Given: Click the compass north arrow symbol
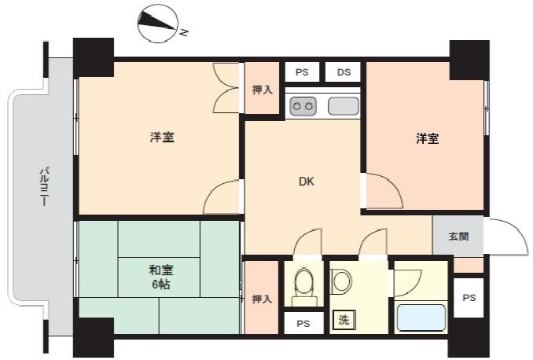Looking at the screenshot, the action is pyautogui.click(x=158, y=23).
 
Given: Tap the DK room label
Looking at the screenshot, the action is pyautogui.click(x=307, y=182).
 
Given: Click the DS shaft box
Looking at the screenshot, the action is pyautogui.click(x=343, y=72).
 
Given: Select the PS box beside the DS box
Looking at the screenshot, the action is pyautogui.click(x=302, y=72).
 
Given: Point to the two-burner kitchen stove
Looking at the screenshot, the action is pyautogui.click(x=303, y=106).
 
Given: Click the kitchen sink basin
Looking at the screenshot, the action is pyautogui.click(x=344, y=106).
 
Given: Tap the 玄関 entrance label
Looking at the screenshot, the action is pyautogui.click(x=458, y=237).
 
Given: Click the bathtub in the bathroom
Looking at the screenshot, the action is pyautogui.click(x=421, y=318).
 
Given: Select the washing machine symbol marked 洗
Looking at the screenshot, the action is pyautogui.click(x=344, y=320).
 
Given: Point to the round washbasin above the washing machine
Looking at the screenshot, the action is pyautogui.click(x=341, y=281).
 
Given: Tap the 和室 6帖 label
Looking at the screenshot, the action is pyautogui.click(x=161, y=277).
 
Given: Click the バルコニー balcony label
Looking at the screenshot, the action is pyautogui.click(x=43, y=186).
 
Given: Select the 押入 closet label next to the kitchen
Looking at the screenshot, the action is pyautogui.click(x=262, y=90).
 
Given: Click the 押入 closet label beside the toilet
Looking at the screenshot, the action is pyautogui.click(x=262, y=299).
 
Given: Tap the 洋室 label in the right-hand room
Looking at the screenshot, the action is pyautogui.click(x=428, y=138).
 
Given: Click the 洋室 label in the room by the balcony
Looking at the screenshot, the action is pyautogui.click(x=162, y=138).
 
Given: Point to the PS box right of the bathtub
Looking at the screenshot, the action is pyautogui.click(x=469, y=298).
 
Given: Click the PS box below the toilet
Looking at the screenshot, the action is pyautogui.click(x=303, y=323).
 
